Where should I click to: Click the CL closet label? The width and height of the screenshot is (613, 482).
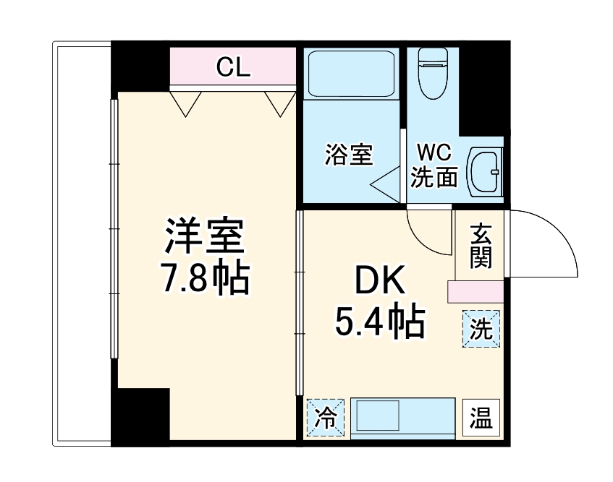pyautogui.click(x=233, y=67)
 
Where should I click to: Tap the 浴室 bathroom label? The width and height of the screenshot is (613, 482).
pyautogui.click(x=348, y=155)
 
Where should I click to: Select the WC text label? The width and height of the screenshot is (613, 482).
pyautogui.click(x=434, y=153)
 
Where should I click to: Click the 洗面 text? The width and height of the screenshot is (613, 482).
pyautogui.click(x=434, y=177)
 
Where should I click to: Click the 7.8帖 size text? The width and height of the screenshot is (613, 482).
pyautogui.click(x=205, y=277)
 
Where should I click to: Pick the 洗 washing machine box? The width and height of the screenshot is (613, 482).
pyautogui.click(x=481, y=329)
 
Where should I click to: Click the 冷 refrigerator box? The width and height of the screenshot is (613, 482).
pyautogui.click(x=326, y=418)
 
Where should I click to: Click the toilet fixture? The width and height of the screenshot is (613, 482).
pyautogui.click(x=433, y=72)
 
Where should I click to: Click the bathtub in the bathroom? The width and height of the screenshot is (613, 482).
pyautogui.click(x=350, y=74)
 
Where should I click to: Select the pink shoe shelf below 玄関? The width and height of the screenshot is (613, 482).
pyautogui.click(x=475, y=292)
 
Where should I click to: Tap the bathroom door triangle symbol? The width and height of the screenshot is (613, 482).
pyautogui.click(x=387, y=185)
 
